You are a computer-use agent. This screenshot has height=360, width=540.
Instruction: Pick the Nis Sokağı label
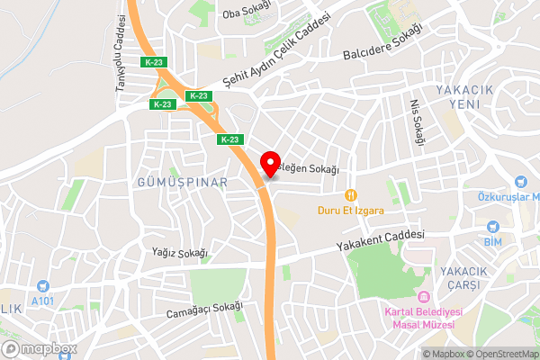[415, 121]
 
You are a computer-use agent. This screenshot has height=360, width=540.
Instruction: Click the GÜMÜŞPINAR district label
[182, 182]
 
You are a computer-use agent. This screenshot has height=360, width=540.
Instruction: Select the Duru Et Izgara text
[351, 211]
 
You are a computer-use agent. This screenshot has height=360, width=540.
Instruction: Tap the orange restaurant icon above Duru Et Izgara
[351, 194]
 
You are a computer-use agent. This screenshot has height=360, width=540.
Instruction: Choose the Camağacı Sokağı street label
[205, 310]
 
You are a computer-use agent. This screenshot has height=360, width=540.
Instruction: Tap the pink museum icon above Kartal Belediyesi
[423, 297]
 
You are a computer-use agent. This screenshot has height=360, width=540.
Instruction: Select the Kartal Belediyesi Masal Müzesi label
[423, 318]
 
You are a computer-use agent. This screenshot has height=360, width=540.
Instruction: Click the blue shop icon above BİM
[492, 227]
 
